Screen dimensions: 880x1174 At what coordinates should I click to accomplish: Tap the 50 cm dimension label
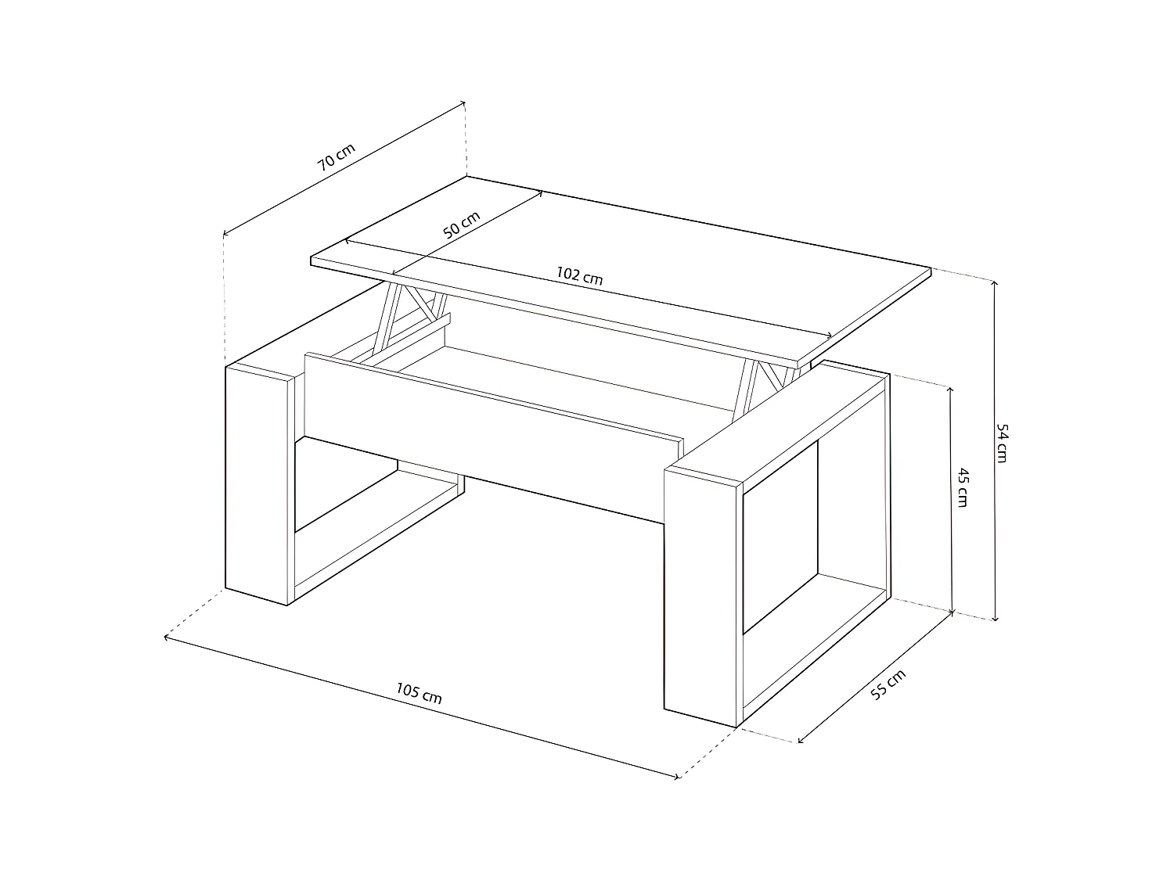[x=461, y=225]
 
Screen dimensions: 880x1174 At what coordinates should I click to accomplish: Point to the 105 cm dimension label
[x=419, y=693]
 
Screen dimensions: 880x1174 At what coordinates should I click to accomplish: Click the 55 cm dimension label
[x=888, y=685]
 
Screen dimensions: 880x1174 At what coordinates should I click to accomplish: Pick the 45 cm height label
[x=963, y=487]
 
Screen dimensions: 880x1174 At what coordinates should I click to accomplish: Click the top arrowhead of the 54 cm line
[x=995, y=282]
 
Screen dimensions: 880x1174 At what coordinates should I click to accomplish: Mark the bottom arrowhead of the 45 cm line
[x=952, y=611]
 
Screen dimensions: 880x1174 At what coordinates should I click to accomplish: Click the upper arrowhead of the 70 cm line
[x=464, y=102]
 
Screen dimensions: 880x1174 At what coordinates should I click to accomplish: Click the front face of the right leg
[x=701, y=594]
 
